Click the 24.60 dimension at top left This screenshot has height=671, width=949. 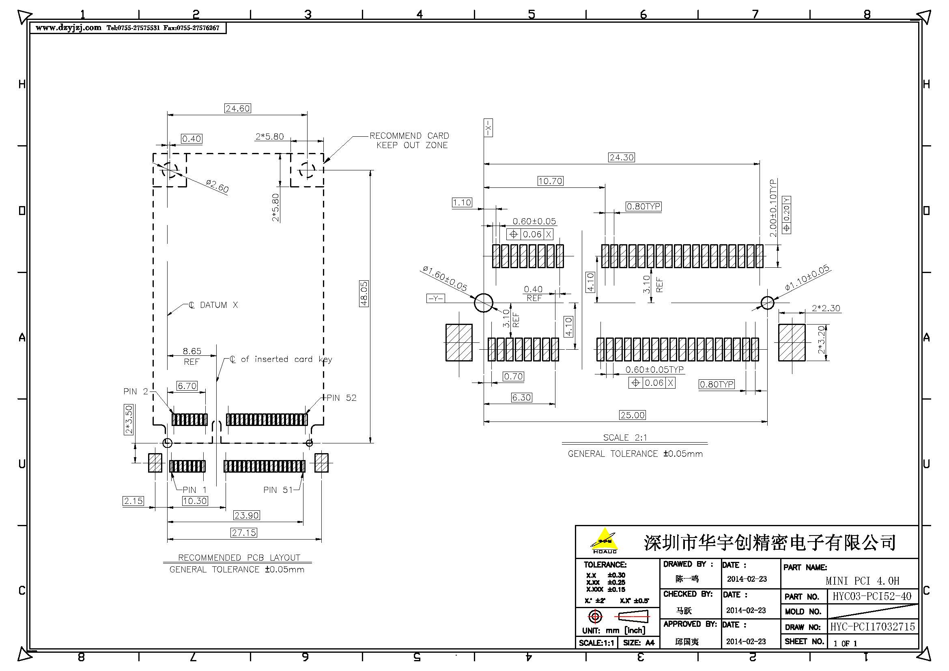[x=238, y=108]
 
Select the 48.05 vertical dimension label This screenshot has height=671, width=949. [x=364, y=293]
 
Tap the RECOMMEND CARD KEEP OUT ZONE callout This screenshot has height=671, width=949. [x=409, y=140]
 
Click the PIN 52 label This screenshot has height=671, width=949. [x=341, y=398]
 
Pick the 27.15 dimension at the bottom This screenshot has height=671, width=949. [x=244, y=533]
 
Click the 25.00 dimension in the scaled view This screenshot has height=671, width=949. [x=632, y=415]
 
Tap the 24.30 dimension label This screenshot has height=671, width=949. [x=621, y=157]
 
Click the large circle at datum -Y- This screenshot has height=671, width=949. [x=483, y=303]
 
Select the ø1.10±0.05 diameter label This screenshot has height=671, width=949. [x=807, y=277]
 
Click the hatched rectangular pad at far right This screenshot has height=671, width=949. [x=792, y=342]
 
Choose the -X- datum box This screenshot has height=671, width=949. [x=488, y=128]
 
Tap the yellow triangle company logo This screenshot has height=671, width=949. [x=604, y=539]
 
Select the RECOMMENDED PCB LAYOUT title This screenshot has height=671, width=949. [x=239, y=557]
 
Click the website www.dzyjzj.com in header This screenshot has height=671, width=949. [x=68, y=28]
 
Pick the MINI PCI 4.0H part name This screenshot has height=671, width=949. [x=862, y=581]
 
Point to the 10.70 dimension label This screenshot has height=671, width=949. [x=550, y=181]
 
